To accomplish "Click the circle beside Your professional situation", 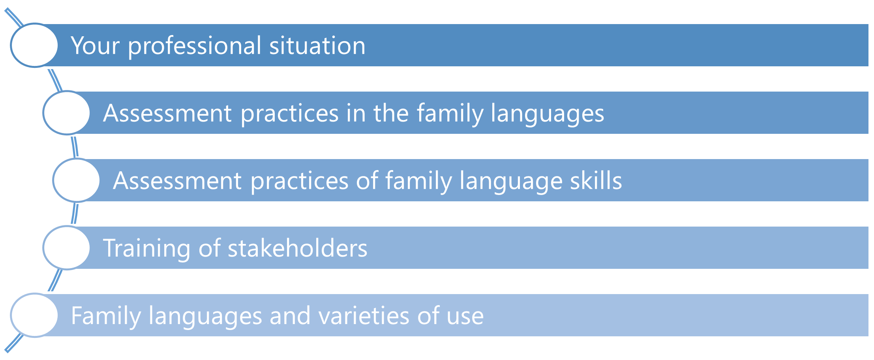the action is pyautogui.click(x=34, y=45).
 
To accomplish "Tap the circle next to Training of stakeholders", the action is pyautogui.click(x=67, y=248).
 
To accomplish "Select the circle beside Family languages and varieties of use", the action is pyautogui.click(x=34, y=315).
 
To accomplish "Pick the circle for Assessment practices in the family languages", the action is pyautogui.click(x=67, y=113).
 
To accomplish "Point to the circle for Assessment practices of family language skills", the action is pyautogui.click(x=77, y=180).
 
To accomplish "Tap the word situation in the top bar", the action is pyautogui.click(x=317, y=45).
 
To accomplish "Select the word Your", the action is pyautogui.click(x=95, y=46).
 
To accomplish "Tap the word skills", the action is pyautogui.click(x=596, y=180).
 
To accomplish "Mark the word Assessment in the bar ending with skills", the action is pyautogui.click(x=177, y=181).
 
